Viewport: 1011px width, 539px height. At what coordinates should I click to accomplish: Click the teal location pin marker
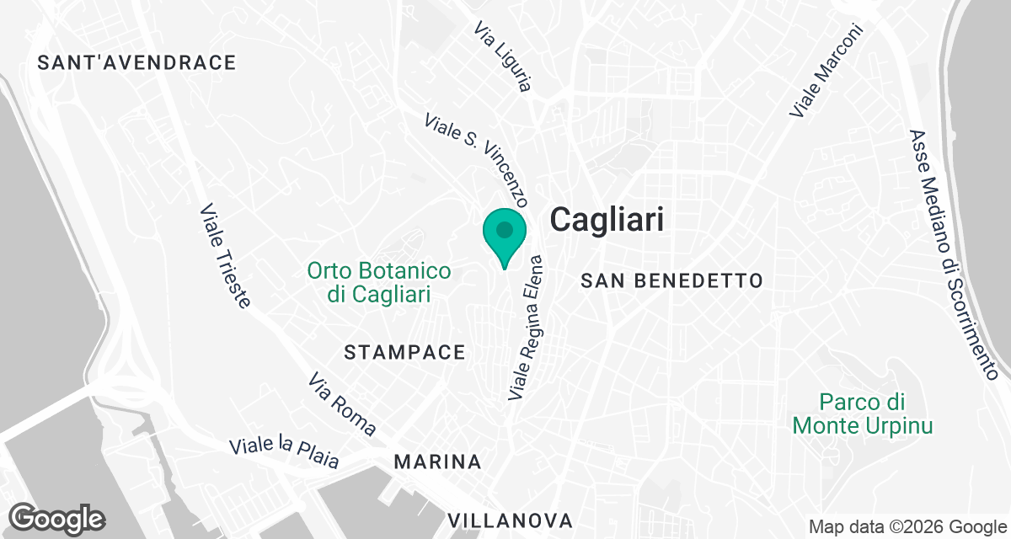click(505, 237)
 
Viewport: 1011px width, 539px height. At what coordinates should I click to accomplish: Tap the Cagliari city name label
click(607, 221)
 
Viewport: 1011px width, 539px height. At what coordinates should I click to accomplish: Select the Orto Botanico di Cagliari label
click(379, 283)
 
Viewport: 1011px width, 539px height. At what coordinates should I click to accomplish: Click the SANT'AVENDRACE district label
click(137, 62)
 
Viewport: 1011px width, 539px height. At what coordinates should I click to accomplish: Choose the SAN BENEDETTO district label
click(671, 280)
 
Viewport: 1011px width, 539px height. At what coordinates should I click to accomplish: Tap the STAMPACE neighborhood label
click(404, 353)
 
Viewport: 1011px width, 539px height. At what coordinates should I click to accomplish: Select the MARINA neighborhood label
click(438, 462)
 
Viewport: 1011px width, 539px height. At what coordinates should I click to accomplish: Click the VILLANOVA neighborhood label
click(511, 520)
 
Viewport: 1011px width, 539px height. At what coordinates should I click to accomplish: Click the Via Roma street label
click(342, 404)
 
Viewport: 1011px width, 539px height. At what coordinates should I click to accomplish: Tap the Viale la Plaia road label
click(285, 453)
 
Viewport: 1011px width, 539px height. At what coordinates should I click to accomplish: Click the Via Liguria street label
click(503, 56)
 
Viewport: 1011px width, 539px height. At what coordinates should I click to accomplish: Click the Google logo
click(57, 519)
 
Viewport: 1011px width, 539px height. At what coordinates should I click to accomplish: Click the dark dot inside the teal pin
click(505, 229)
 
